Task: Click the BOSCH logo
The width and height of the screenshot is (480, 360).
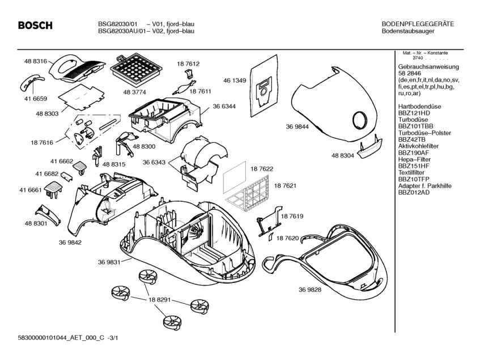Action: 35,26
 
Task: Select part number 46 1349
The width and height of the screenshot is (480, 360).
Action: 234,81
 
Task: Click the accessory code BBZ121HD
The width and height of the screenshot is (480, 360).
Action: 414,113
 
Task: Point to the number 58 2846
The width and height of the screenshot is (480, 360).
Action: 409,74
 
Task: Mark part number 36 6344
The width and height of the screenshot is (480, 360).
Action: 225,107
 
